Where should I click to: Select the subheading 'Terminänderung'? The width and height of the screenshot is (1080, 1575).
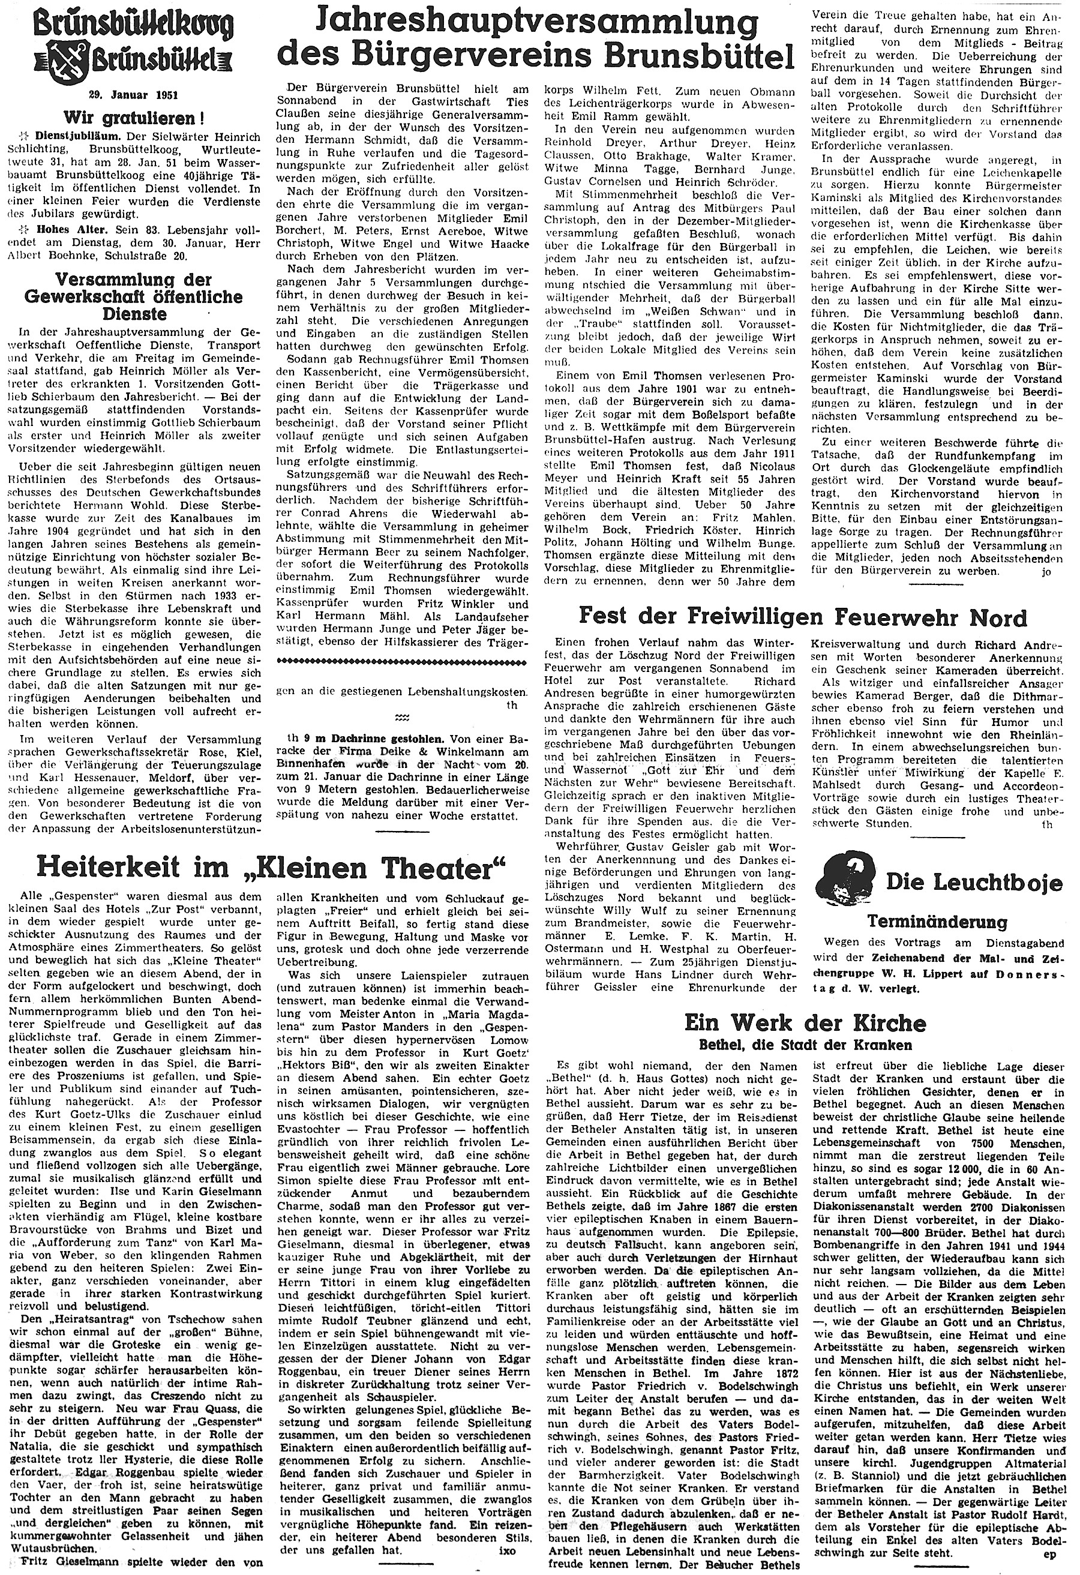click(x=937, y=922)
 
